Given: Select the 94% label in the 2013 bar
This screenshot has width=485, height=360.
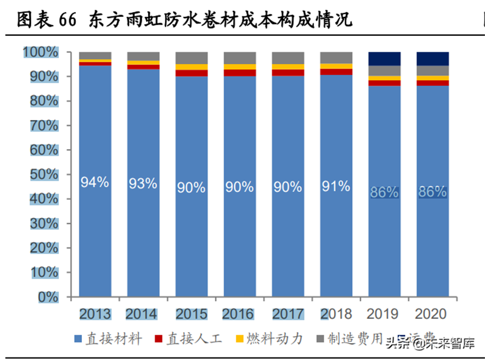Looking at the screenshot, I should click(x=95, y=182).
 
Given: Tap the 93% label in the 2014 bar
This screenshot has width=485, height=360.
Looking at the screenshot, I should click(x=143, y=183).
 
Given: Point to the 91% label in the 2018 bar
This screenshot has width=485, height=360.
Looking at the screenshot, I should click(x=336, y=187).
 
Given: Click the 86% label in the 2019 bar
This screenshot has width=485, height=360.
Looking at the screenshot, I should click(x=384, y=192).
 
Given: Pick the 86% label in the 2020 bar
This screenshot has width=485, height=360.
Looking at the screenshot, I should click(x=432, y=192).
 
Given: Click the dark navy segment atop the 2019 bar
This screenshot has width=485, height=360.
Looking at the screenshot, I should click(x=384, y=59).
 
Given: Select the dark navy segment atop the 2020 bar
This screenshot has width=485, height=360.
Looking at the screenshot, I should click(x=432, y=59).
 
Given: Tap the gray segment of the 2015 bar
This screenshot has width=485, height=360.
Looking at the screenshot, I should click(x=191, y=58).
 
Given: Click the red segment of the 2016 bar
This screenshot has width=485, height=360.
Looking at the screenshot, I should click(x=239, y=73).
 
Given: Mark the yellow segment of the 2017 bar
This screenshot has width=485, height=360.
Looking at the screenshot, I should click(x=288, y=67).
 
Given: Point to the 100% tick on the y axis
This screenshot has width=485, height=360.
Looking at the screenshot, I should click(x=41, y=53).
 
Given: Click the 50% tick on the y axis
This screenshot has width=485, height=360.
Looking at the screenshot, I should click(x=44, y=175).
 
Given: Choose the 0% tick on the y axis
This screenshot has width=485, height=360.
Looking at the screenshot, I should click(x=47, y=297).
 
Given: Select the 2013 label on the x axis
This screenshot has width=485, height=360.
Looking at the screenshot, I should click(x=95, y=314).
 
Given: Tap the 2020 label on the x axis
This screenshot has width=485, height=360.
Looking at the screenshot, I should click(x=432, y=314).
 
